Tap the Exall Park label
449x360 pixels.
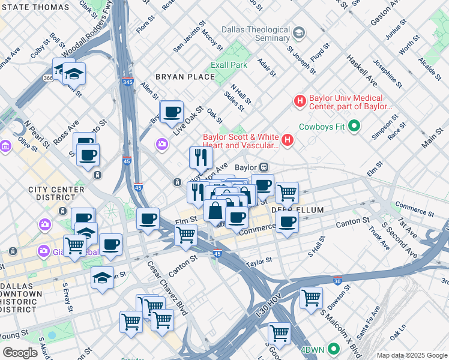point(229,65)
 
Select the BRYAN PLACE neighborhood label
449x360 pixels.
point(185,77)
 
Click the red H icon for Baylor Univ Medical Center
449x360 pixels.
point(300,101)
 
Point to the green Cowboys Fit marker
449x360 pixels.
point(354,126)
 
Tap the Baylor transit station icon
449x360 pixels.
point(264,167)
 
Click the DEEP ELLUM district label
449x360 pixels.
point(297,210)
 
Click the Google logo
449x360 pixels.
point(20,352)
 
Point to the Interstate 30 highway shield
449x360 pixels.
point(337,280)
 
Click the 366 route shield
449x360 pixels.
point(48,78)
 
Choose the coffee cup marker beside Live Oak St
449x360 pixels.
point(172,111)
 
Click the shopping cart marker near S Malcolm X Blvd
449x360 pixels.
point(311,298)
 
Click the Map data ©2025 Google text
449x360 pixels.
point(411,355)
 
